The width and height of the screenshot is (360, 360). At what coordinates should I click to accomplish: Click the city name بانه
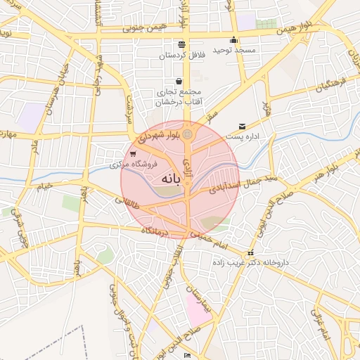pos(171,179)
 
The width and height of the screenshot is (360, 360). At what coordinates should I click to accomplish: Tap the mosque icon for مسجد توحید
pos(234,40)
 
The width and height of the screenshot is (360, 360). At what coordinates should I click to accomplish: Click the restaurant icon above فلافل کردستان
pos(182,44)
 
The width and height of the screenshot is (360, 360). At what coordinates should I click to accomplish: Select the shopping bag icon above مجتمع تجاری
pos(179,81)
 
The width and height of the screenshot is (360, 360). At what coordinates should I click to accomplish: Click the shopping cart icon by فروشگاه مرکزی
pos(133,154)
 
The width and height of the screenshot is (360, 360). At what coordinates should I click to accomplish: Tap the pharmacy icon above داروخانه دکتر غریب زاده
pos(250,253)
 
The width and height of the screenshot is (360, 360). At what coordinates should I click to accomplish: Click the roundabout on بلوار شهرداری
pos(188,134)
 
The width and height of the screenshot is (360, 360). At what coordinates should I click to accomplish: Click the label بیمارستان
pos(195,299)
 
